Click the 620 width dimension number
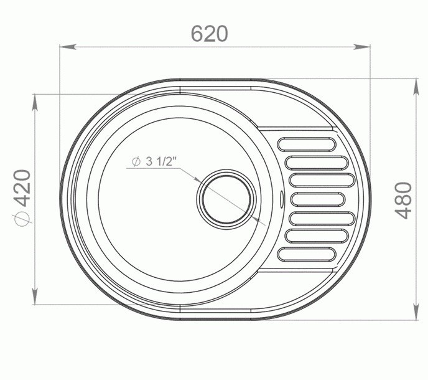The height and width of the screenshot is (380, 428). [209, 34]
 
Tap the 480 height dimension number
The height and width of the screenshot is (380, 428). [404, 201]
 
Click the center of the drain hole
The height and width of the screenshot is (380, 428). [226, 199]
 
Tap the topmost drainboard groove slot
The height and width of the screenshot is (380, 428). [307, 144]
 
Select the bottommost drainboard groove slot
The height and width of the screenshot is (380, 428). [307, 255]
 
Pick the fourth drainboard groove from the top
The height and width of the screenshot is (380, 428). [318, 199]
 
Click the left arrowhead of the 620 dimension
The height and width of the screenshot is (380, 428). [68, 47]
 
